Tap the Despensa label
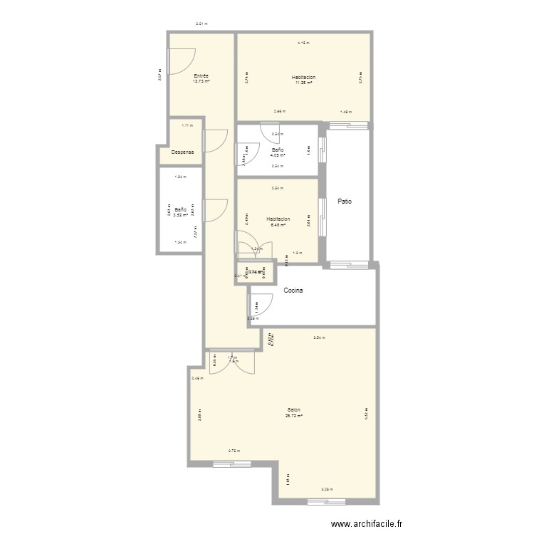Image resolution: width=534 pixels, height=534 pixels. click(183, 152)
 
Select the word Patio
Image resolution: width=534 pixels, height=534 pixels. click(345, 201)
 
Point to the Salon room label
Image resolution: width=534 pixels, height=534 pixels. click(293, 410)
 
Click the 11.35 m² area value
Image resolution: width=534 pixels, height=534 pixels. click(303, 83)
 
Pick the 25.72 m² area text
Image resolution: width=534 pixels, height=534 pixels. click(294, 416)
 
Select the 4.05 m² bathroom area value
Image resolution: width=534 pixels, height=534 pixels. click(278, 155)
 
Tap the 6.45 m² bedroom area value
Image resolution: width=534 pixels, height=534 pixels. click(278, 225)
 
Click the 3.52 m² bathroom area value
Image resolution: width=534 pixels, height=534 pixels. click(181, 214)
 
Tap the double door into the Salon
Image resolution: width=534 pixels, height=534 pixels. click(232, 362)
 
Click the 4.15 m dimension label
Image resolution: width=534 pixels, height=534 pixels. click(303, 44)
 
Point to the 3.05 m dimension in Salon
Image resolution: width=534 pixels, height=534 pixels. click(325, 489)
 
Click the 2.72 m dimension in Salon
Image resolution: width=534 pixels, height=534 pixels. click(233, 451)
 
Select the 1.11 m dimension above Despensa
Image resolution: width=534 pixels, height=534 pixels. click(187, 126)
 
